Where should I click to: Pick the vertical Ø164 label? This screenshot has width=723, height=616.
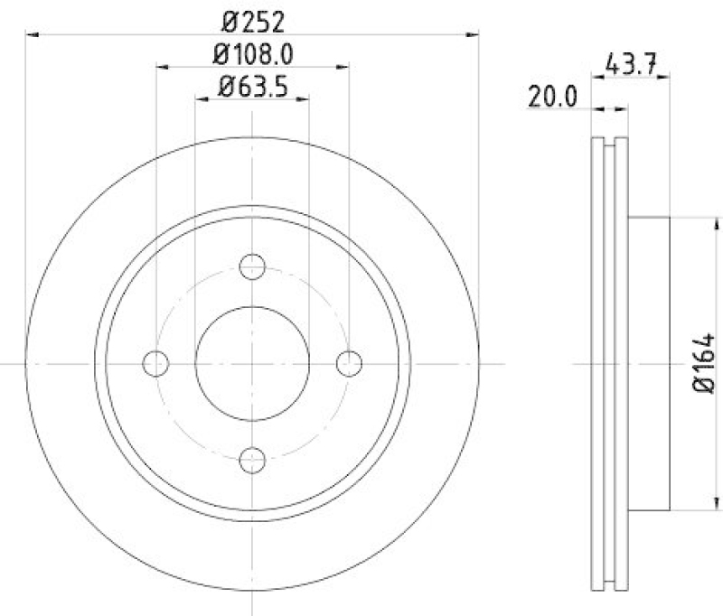coord(705,362)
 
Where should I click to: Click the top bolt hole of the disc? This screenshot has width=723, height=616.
coord(252,266)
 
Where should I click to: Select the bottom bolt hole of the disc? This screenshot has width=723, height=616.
coord(252,460)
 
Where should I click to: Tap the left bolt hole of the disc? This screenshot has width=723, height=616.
coord(156,363)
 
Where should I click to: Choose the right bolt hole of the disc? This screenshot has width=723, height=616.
coord(349,363)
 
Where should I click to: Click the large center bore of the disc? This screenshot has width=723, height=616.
coord(252,363)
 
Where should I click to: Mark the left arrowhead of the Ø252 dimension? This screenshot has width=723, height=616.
coord(32,34)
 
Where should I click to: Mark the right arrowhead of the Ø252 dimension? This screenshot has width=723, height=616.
coord(473,34)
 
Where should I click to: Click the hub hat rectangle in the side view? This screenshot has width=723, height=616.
coord(649,363)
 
